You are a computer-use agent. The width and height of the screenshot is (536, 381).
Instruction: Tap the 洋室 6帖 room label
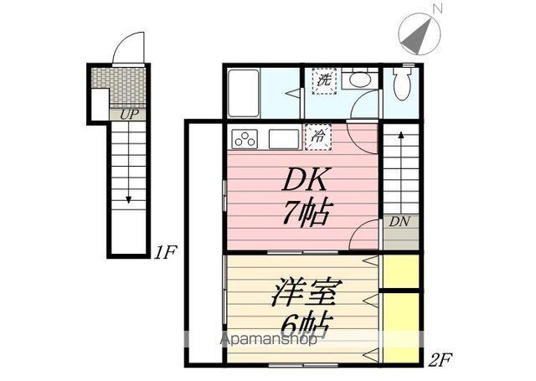click(x=301, y=310)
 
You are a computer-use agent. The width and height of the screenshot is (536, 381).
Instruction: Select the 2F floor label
click(x=441, y=361)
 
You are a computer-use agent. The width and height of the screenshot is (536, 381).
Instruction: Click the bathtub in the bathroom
click(x=244, y=90)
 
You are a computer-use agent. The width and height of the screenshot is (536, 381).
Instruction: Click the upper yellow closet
click(x=400, y=270)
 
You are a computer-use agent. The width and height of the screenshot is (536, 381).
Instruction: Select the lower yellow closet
click(x=400, y=325)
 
